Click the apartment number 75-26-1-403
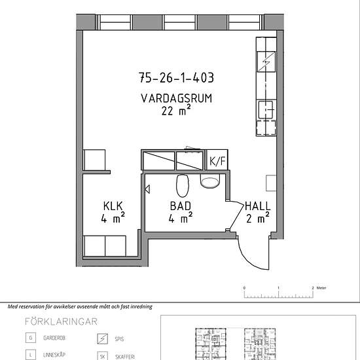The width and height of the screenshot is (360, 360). [176, 78]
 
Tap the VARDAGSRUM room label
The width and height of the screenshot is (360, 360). [176, 98]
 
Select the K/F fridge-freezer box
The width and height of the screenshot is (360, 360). [217, 160]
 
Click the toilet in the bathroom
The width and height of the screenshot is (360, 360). [183, 185]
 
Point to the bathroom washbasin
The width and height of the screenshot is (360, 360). [209, 181]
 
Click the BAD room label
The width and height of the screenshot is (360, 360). [181, 206]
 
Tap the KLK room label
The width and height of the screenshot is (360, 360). [113, 206]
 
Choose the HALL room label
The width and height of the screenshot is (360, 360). [258, 206]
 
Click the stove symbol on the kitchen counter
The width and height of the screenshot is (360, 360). [266, 62]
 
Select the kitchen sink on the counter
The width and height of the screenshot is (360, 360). [266, 110]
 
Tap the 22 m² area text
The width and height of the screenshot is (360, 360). [176, 111]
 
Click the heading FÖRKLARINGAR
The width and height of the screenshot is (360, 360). [61, 321]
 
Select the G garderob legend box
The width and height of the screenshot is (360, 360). [31, 338]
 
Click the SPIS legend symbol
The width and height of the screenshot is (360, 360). [102, 339]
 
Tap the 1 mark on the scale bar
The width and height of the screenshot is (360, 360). [278, 288]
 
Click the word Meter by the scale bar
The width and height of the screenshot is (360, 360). [321, 288]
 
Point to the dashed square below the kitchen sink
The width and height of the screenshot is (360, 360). [266, 128]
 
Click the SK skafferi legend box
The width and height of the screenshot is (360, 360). [102, 357]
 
